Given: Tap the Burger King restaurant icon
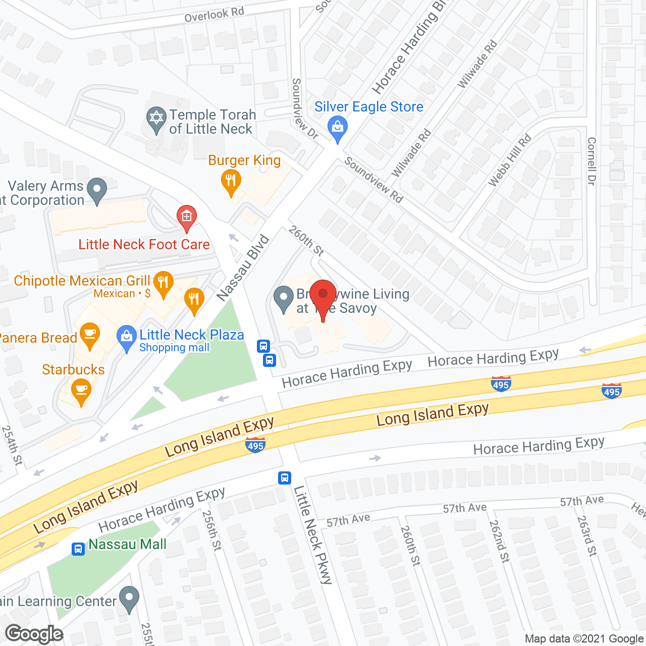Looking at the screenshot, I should [231, 182].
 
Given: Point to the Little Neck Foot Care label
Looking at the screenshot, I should [144, 245].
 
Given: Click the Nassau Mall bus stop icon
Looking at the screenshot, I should [78, 549].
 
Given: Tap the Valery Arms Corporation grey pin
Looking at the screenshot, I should [97, 190].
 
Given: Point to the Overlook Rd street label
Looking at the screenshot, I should [214, 15].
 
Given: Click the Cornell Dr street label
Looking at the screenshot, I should [591, 161].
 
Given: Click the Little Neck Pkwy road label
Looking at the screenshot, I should [313, 534].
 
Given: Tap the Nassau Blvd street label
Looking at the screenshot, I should [243, 268].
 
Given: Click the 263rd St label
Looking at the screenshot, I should [587, 535].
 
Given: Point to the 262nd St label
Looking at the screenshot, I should [499, 541].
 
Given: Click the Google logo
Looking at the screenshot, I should [34, 634].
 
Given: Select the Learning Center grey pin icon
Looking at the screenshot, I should [129, 599].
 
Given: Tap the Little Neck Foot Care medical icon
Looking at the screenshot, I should [186, 217].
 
